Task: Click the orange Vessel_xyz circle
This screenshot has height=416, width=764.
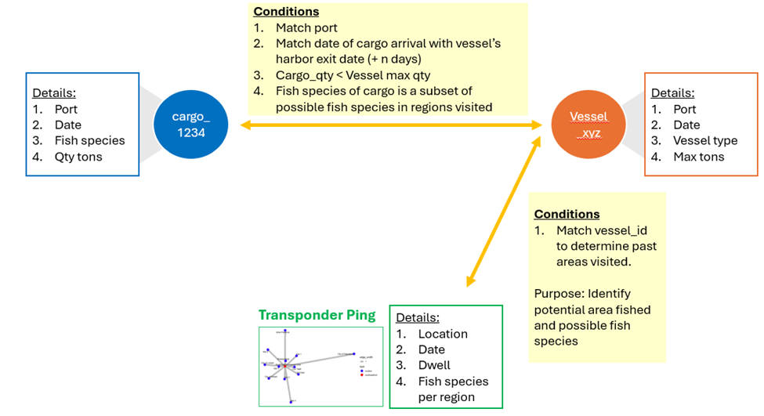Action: [587, 125]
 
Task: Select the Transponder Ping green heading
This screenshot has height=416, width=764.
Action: [317, 315]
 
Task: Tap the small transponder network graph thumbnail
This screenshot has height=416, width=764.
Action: [320, 366]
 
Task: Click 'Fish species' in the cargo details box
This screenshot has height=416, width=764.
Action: [89, 140]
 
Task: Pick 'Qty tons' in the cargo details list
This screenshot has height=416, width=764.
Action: [79, 157]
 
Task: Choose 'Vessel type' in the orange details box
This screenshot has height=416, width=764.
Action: [704, 140]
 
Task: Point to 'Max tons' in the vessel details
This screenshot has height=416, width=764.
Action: [698, 157]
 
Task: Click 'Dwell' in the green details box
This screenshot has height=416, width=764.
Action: [434, 365]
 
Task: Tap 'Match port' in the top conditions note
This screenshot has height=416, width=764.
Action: [306, 28]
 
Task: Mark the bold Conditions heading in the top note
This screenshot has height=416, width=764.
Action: [286, 12]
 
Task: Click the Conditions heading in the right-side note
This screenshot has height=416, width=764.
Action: [567, 214]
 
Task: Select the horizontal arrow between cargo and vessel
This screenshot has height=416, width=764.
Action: [392, 125]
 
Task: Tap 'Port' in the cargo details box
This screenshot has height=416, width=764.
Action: [66, 109]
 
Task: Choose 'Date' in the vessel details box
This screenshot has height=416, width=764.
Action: [686, 125]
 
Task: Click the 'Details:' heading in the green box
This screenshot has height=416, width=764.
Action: [417, 317]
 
